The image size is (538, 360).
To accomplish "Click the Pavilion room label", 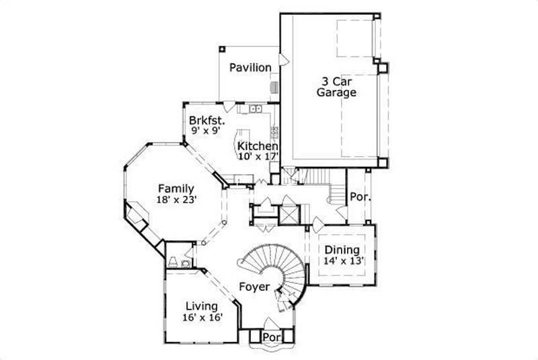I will coord(250,68).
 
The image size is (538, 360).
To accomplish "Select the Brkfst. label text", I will coord(206,121).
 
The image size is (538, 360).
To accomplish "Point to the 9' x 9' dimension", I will coord(206,131).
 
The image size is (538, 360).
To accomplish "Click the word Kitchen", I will coord(258,147).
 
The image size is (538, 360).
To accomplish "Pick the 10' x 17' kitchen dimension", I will coord(258,157).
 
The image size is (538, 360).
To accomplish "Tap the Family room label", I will coord(176,188).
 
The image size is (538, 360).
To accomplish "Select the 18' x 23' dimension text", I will coord(176,199).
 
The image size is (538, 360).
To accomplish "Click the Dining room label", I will coord(342,250).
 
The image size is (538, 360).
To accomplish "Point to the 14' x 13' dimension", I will coord(342,261).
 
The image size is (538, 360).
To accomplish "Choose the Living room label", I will coord(201,307).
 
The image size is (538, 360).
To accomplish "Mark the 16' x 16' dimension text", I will coord(202,318).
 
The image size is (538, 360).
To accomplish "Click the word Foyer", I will coord(255,287).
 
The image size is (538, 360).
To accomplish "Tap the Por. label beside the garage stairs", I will coord(358,198).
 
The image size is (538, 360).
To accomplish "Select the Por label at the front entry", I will coord(271,336).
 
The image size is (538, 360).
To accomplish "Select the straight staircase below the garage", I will coord(316,177).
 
